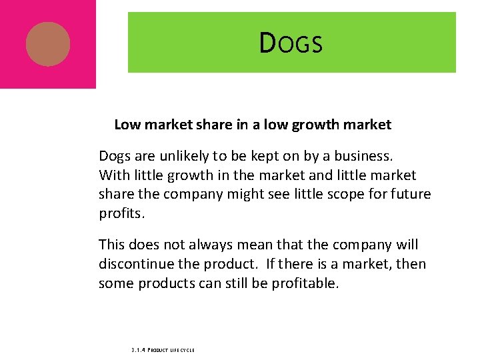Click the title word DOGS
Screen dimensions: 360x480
coord(291,43)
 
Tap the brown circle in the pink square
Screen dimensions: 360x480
coord(48,44)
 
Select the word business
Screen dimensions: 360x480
coord(363,156)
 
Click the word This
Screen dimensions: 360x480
coord(112,245)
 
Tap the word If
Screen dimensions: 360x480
coord(271,264)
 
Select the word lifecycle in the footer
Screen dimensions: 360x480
coord(182,349)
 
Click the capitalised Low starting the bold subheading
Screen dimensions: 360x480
coord(127,125)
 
